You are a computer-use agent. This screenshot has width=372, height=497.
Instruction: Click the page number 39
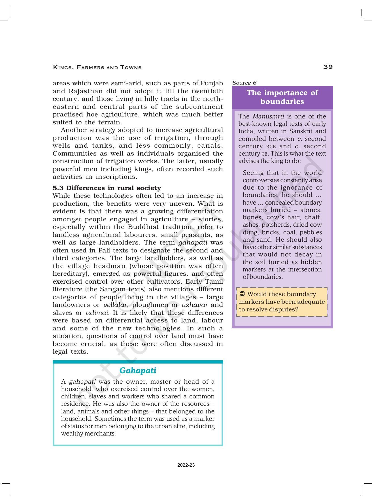pyautogui.click(x=328, y=67)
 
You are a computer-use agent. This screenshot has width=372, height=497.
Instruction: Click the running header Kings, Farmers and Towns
pyautogui.click(x=97, y=67)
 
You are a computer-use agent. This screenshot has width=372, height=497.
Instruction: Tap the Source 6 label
pyautogui.click(x=244, y=83)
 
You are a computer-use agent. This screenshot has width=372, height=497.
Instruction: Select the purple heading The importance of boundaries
pyautogui.click(x=282, y=97)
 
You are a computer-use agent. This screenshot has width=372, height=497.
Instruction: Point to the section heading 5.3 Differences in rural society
pyautogui.click(x=107, y=188)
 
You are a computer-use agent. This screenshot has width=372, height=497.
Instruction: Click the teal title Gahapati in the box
pyautogui.click(x=138, y=370)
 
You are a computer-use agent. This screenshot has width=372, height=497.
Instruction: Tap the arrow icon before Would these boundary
pyautogui.click(x=242, y=294)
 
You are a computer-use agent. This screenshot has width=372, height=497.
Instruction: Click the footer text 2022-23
pyautogui.click(x=186, y=465)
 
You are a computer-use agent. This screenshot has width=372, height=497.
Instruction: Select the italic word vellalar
pyautogui.click(x=115, y=305)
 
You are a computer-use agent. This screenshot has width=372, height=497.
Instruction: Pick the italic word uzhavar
pyautogui.click(x=195, y=305)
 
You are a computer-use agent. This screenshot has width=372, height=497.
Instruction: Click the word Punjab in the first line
pyautogui.click(x=212, y=83)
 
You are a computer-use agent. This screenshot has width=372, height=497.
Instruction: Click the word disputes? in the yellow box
pyautogui.click(x=284, y=309)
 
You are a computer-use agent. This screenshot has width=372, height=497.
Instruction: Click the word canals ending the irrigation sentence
pyautogui.click(x=210, y=146)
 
